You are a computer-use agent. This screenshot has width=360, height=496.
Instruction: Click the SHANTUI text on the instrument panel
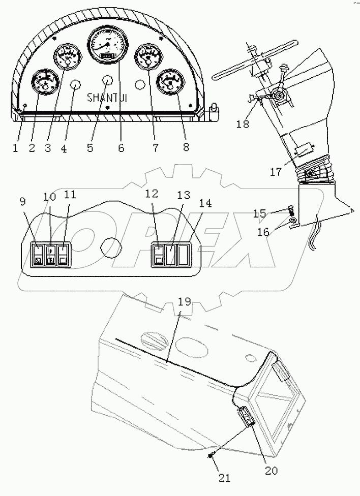pyautogui.click(x=107, y=97)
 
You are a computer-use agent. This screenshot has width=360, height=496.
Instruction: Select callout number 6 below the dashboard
pyautogui.click(x=121, y=148)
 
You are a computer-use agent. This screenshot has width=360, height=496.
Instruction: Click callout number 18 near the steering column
pyautogui.click(x=243, y=125)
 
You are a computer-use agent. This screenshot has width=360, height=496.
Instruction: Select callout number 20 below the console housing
pyautogui.click(x=271, y=471)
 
